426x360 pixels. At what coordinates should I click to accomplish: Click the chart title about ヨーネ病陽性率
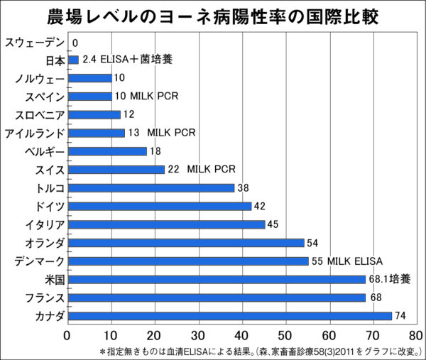point(212,16)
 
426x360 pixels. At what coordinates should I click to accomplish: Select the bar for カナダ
point(230,315)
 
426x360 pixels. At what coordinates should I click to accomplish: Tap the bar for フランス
point(217,298)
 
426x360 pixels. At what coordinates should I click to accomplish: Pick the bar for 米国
point(217,279)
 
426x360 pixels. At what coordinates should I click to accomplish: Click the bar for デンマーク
point(188,261)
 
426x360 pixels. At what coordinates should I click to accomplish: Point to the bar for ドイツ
point(160,206)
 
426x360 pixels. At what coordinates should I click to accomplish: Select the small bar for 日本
point(73,60)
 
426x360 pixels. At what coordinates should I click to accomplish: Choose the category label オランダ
point(44,243)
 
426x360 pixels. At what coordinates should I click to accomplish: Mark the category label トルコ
point(50,188)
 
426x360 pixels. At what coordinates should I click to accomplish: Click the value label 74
point(400,315)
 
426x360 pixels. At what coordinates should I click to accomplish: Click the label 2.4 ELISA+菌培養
point(127,60)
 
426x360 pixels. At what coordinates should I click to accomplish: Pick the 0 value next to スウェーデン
point(75,43)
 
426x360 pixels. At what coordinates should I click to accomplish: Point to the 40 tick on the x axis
point(243,334)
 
